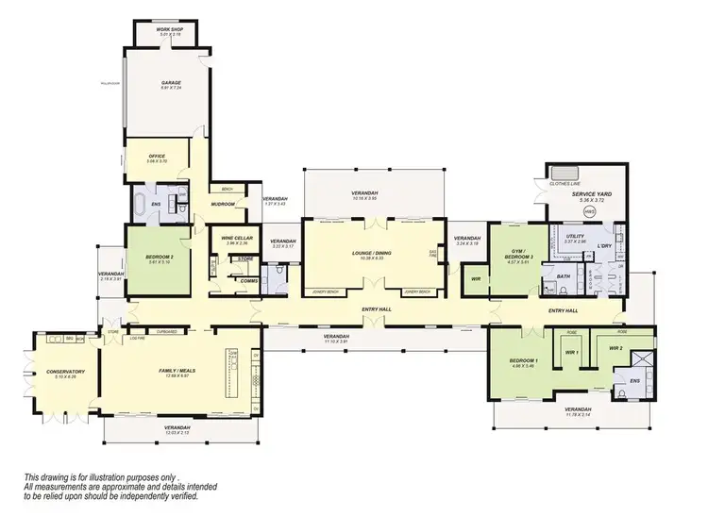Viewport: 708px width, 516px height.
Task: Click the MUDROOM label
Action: [223, 203]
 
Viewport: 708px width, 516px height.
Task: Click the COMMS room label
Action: [249, 281]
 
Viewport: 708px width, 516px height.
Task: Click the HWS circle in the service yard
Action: [591, 213]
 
